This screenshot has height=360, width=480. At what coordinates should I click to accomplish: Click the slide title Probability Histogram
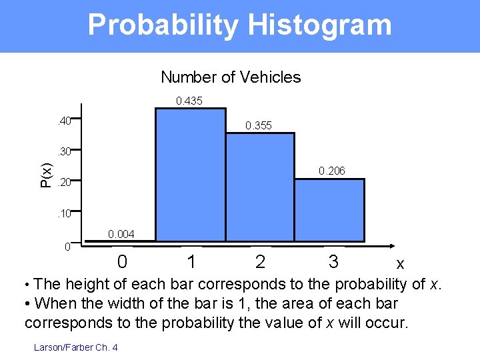coord(239,25)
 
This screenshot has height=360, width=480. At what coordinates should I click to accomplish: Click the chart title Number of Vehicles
coord(231,77)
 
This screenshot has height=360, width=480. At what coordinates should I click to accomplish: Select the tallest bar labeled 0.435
coord(190,173)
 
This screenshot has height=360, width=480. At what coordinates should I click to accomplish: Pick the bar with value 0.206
coord(329,209)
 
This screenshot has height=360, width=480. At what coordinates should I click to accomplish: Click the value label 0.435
coord(189,101)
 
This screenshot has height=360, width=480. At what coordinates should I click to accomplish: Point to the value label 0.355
coord(259,125)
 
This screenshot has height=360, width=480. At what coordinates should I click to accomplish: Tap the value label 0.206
coord(331,171)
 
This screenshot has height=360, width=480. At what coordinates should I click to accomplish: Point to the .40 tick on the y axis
coord(65,122)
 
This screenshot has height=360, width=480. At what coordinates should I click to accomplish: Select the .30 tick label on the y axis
coord(65,152)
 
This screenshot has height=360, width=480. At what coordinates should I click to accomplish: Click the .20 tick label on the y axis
coord(65,182)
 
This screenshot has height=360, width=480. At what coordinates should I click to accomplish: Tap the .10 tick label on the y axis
coord(65,214)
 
